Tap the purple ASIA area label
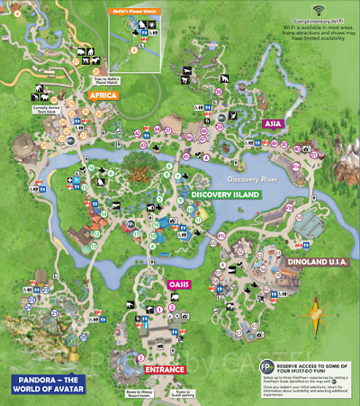click(274, 123)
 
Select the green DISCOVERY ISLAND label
click(224, 194)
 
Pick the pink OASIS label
click(177, 284)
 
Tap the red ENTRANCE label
click(165, 369)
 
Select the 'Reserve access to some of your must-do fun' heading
click(313, 365)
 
